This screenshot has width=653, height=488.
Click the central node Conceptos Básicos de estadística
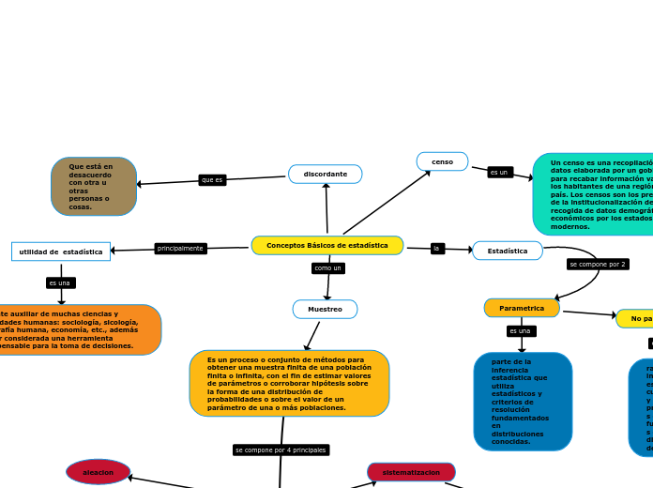[x=326, y=245]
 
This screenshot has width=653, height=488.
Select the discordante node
[x=325, y=174]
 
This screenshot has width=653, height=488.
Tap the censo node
[x=442, y=161]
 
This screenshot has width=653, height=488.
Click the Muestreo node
[x=325, y=309]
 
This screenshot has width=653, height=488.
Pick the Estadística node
[x=507, y=251]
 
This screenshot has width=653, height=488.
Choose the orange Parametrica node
[x=522, y=308]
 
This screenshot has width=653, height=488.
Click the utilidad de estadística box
[x=61, y=252]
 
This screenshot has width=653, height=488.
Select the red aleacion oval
[x=98, y=472]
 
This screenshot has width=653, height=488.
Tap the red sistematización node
[x=411, y=472]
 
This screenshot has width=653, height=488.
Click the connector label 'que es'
[x=212, y=179]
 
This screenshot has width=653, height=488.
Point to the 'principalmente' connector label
[x=180, y=249]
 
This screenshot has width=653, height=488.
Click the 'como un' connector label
[x=327, y=267]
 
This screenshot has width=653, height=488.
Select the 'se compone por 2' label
[x=597, y=264]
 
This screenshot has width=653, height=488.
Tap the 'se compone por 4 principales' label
[x=281, y=450]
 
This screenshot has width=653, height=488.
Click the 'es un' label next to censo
[x=499, y=172]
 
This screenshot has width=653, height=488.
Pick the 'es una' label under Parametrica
[x=520, y=330]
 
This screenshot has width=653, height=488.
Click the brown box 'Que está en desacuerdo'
[x=94, y=187]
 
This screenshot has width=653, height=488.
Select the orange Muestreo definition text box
[x=289, y=383]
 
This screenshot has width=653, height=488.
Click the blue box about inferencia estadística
[x=523, y=402]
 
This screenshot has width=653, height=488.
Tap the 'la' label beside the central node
[x=436, y=249]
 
